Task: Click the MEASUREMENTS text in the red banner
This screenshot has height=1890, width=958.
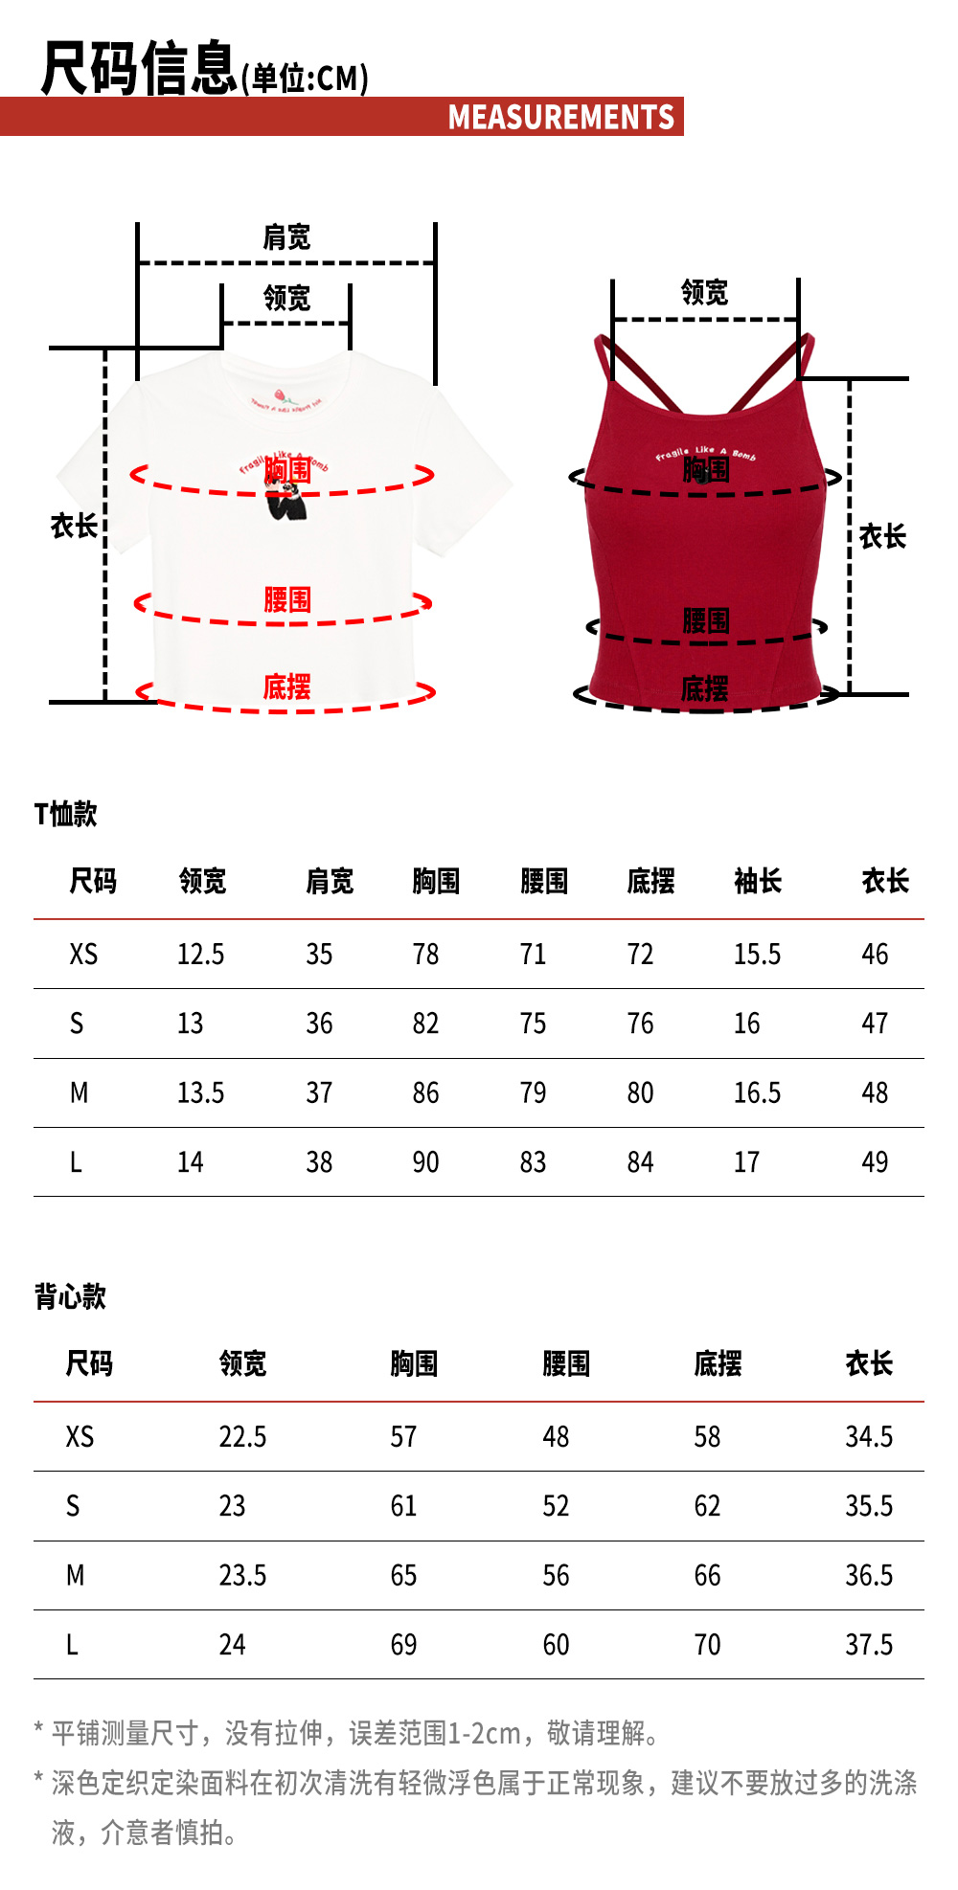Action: click(x=561, y=117)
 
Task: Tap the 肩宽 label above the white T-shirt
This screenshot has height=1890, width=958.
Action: click(x=286, y=237)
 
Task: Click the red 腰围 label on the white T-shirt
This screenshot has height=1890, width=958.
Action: click(x=287, y=600)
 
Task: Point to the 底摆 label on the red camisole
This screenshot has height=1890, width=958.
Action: click(x=705, y=688)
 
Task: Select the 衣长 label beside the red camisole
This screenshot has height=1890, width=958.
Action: click(x=882, y=536)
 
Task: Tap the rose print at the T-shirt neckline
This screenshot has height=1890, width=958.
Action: click(x=282, y=394)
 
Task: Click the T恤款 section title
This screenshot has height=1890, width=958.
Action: click(x=66, y=814)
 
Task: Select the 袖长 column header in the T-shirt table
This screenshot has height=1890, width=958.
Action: click(x=758, y=881)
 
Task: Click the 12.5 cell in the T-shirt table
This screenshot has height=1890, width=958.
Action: click(x=200, y=955)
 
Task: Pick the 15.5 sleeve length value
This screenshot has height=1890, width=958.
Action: click(x=757, y=955)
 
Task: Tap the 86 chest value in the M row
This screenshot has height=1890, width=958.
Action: click(x=425, y=1092)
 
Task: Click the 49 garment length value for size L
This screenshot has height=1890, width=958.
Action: click(x=875, y=1162)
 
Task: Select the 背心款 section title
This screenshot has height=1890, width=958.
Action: click(x=70, y=1296)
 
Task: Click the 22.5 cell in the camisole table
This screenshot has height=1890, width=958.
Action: click(x=242, y=1437)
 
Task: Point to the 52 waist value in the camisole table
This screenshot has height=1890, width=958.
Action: click(x=556, y=1506)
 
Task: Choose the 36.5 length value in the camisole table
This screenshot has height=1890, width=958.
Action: click(x=869, y=1575)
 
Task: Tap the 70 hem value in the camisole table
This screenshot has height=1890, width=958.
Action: click(x=707, y=1645)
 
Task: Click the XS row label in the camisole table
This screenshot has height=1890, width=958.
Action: click(x=80, y=1437)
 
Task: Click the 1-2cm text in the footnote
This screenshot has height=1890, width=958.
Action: click(x=484, y=1733)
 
